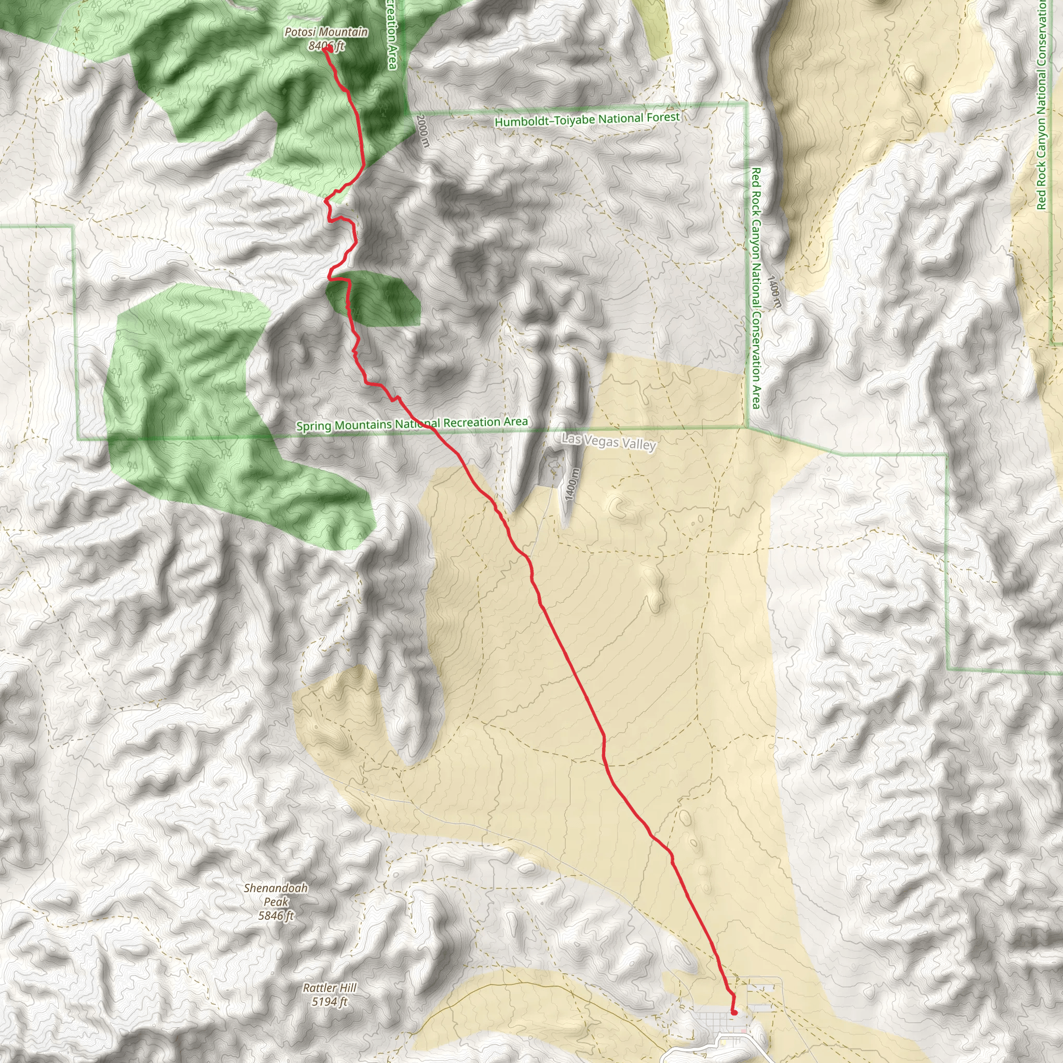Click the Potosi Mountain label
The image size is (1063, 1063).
[326, 33]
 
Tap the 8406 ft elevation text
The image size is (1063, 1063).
[326, 46]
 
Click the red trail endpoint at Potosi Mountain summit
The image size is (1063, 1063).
[327, 49]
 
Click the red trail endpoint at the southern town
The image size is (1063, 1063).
[734, 1012]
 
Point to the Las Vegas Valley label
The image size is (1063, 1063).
[608, 441]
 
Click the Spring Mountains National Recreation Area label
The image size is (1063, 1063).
[412, 424]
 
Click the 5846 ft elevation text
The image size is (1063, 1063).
[276, 916]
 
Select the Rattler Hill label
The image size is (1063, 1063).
[330, 988]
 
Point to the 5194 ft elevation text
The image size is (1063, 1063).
[330, 1001]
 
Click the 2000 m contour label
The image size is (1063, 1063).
[422, 130]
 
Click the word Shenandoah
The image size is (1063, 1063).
[276, 888]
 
